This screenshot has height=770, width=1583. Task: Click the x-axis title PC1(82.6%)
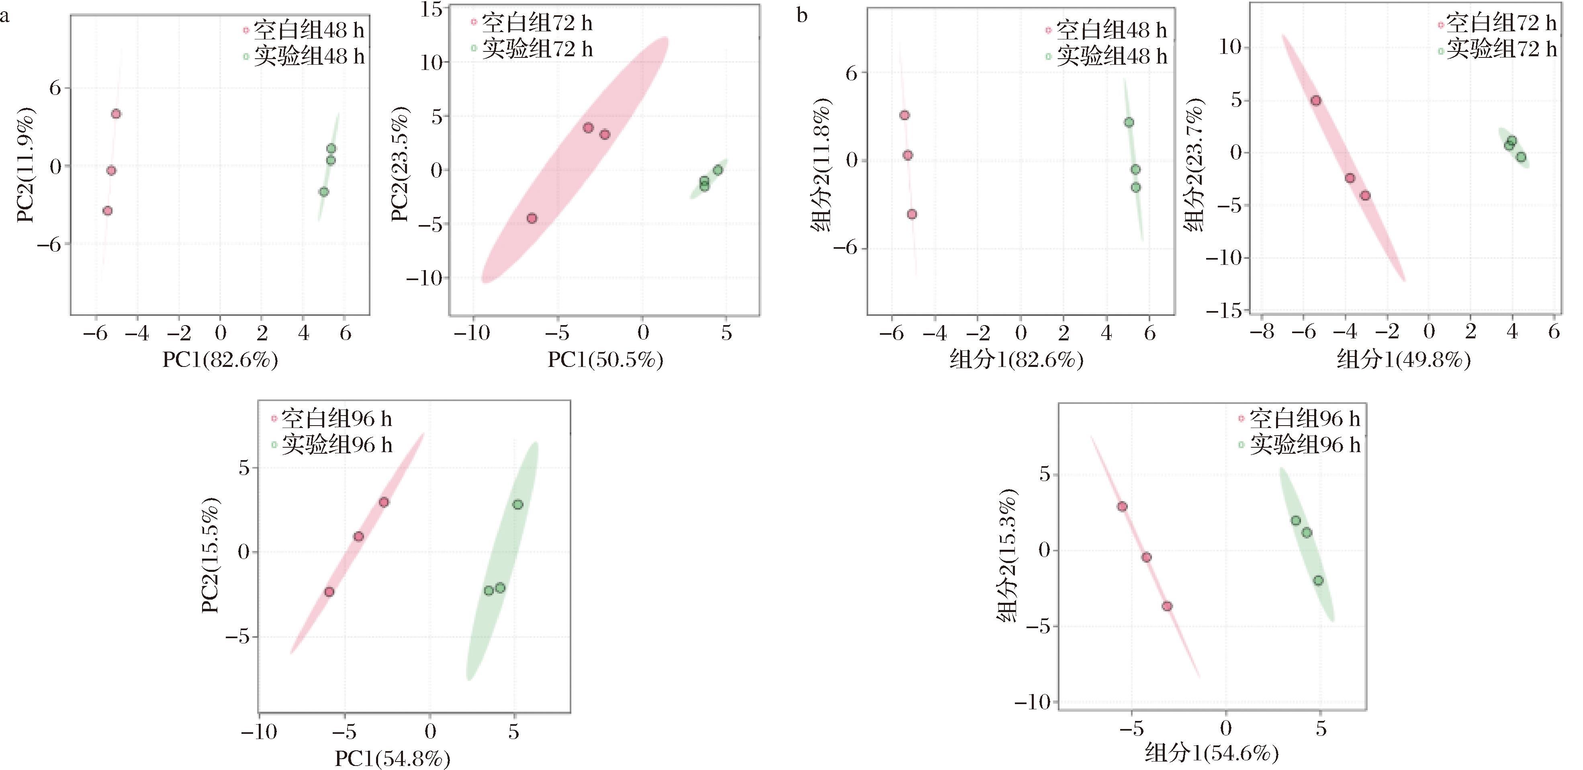click(220, 360)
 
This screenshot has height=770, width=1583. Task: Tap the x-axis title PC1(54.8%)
click(393, 758)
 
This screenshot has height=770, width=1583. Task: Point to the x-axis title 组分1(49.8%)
click(1403, 360)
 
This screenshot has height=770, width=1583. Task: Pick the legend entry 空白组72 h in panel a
click(532, 23)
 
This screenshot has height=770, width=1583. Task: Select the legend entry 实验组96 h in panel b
click(1300, 444)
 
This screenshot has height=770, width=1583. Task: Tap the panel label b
click(802, 15)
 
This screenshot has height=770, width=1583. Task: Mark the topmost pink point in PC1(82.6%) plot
click(116, 114)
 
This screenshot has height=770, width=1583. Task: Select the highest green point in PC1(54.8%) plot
click(518, 504)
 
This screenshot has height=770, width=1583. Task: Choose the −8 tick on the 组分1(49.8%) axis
click(1265, 332)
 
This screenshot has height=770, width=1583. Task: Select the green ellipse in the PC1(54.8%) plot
click(503, 561)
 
